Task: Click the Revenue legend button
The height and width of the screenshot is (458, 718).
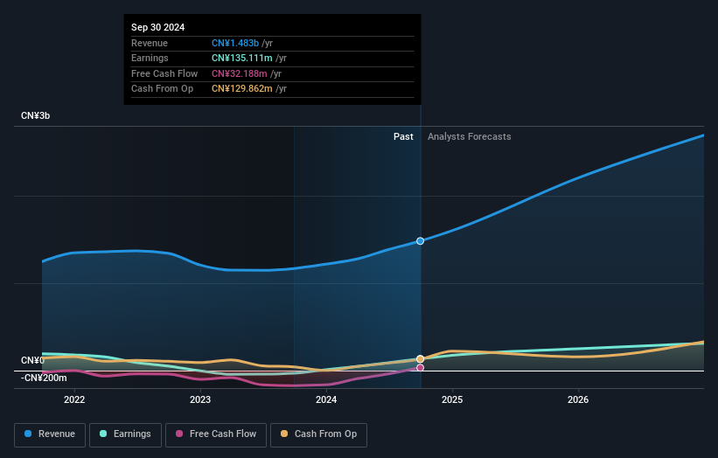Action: (x=51, y=434)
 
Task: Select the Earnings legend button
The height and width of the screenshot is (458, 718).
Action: (x=125, y=434)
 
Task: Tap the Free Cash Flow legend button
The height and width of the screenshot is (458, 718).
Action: (x=216, y=434)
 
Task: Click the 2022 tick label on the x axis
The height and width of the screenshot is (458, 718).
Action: (x=74, y=400)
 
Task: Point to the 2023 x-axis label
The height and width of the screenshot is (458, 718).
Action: (x=200, y=400)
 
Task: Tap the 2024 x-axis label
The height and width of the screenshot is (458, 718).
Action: (x=326, y=400)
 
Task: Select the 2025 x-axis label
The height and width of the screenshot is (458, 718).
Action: (x=452, y=400)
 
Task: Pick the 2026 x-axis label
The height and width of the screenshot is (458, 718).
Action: (x=578, y=400)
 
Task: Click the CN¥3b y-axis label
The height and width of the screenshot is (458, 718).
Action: (x=36, y=115)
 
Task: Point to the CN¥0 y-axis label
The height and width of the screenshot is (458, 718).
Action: (x=32, y=361)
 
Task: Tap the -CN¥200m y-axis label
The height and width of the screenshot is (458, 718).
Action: (x=44, y=378)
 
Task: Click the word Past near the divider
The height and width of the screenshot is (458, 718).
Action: (x=403, y=136)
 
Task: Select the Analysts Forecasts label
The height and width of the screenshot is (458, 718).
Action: (x=469, y=136)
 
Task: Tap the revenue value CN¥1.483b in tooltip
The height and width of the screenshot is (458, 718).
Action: (x=235, y=43)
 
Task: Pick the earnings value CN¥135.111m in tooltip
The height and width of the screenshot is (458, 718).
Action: (x=241, y=59)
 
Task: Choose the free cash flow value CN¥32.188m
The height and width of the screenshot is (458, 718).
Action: (x=239, y=73)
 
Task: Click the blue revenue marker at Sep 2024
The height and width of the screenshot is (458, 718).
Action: (x=421, y=240)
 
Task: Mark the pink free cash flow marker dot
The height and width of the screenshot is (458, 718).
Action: (x=421, y=368)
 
